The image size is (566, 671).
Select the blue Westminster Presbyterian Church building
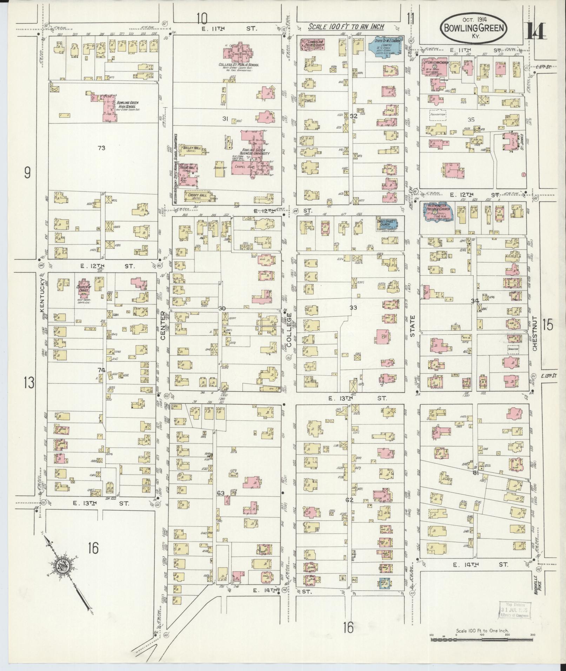[438, 213]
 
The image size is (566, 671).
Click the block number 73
[102, 148]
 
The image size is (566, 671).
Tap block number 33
[353, 308]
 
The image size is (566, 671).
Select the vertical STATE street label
[412, 326]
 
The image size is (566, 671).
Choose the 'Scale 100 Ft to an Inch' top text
[346, 27]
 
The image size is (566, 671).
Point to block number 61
[476, 473]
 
